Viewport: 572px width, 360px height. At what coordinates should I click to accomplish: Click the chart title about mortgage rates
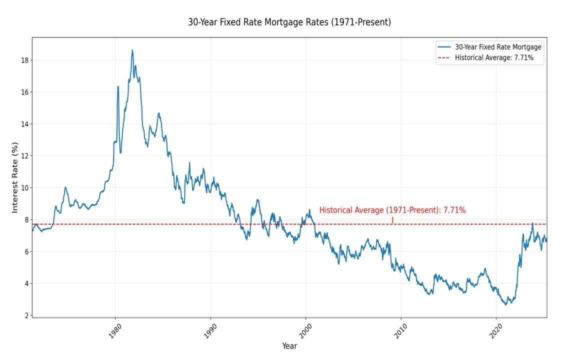(x=289, y=22)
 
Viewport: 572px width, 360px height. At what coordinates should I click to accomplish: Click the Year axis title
(x=289, y=346)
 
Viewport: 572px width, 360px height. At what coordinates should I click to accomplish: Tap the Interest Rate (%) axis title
(x=15, y=177)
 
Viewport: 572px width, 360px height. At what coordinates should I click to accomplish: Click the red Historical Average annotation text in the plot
(x=392, y=210)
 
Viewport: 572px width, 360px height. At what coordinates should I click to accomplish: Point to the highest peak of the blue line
(x=132, y=50)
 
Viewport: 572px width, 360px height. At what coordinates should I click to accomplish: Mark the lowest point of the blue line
(x=505, y=304)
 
